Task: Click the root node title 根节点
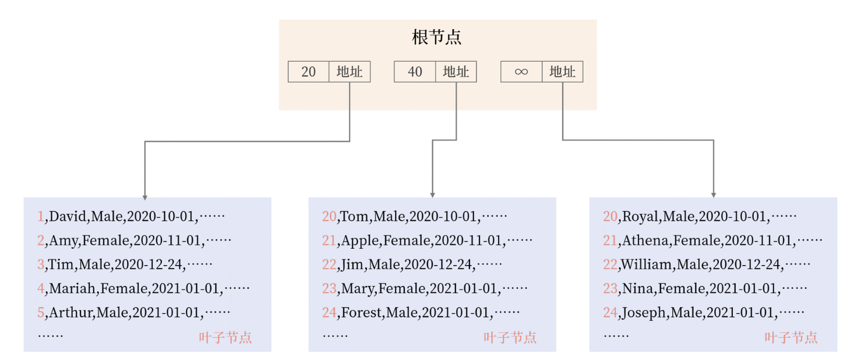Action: click(437, 38)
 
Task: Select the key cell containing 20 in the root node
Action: click(309, 72)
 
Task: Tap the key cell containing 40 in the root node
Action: click(415, 72)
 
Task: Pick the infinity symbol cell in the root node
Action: click(521, 72)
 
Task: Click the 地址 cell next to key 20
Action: click(350, 72)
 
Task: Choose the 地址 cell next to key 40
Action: click(456, 72)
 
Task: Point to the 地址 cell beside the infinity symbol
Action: click(563, 72)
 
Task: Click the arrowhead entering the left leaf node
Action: click(144, 196)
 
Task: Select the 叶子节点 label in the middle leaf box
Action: click(510, 337)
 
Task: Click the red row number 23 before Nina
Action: click(610, 288)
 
